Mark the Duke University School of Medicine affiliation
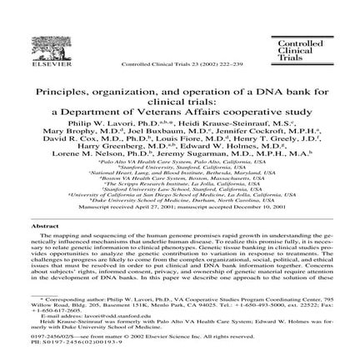tap(178, 190)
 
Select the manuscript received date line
tap(178, 197)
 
